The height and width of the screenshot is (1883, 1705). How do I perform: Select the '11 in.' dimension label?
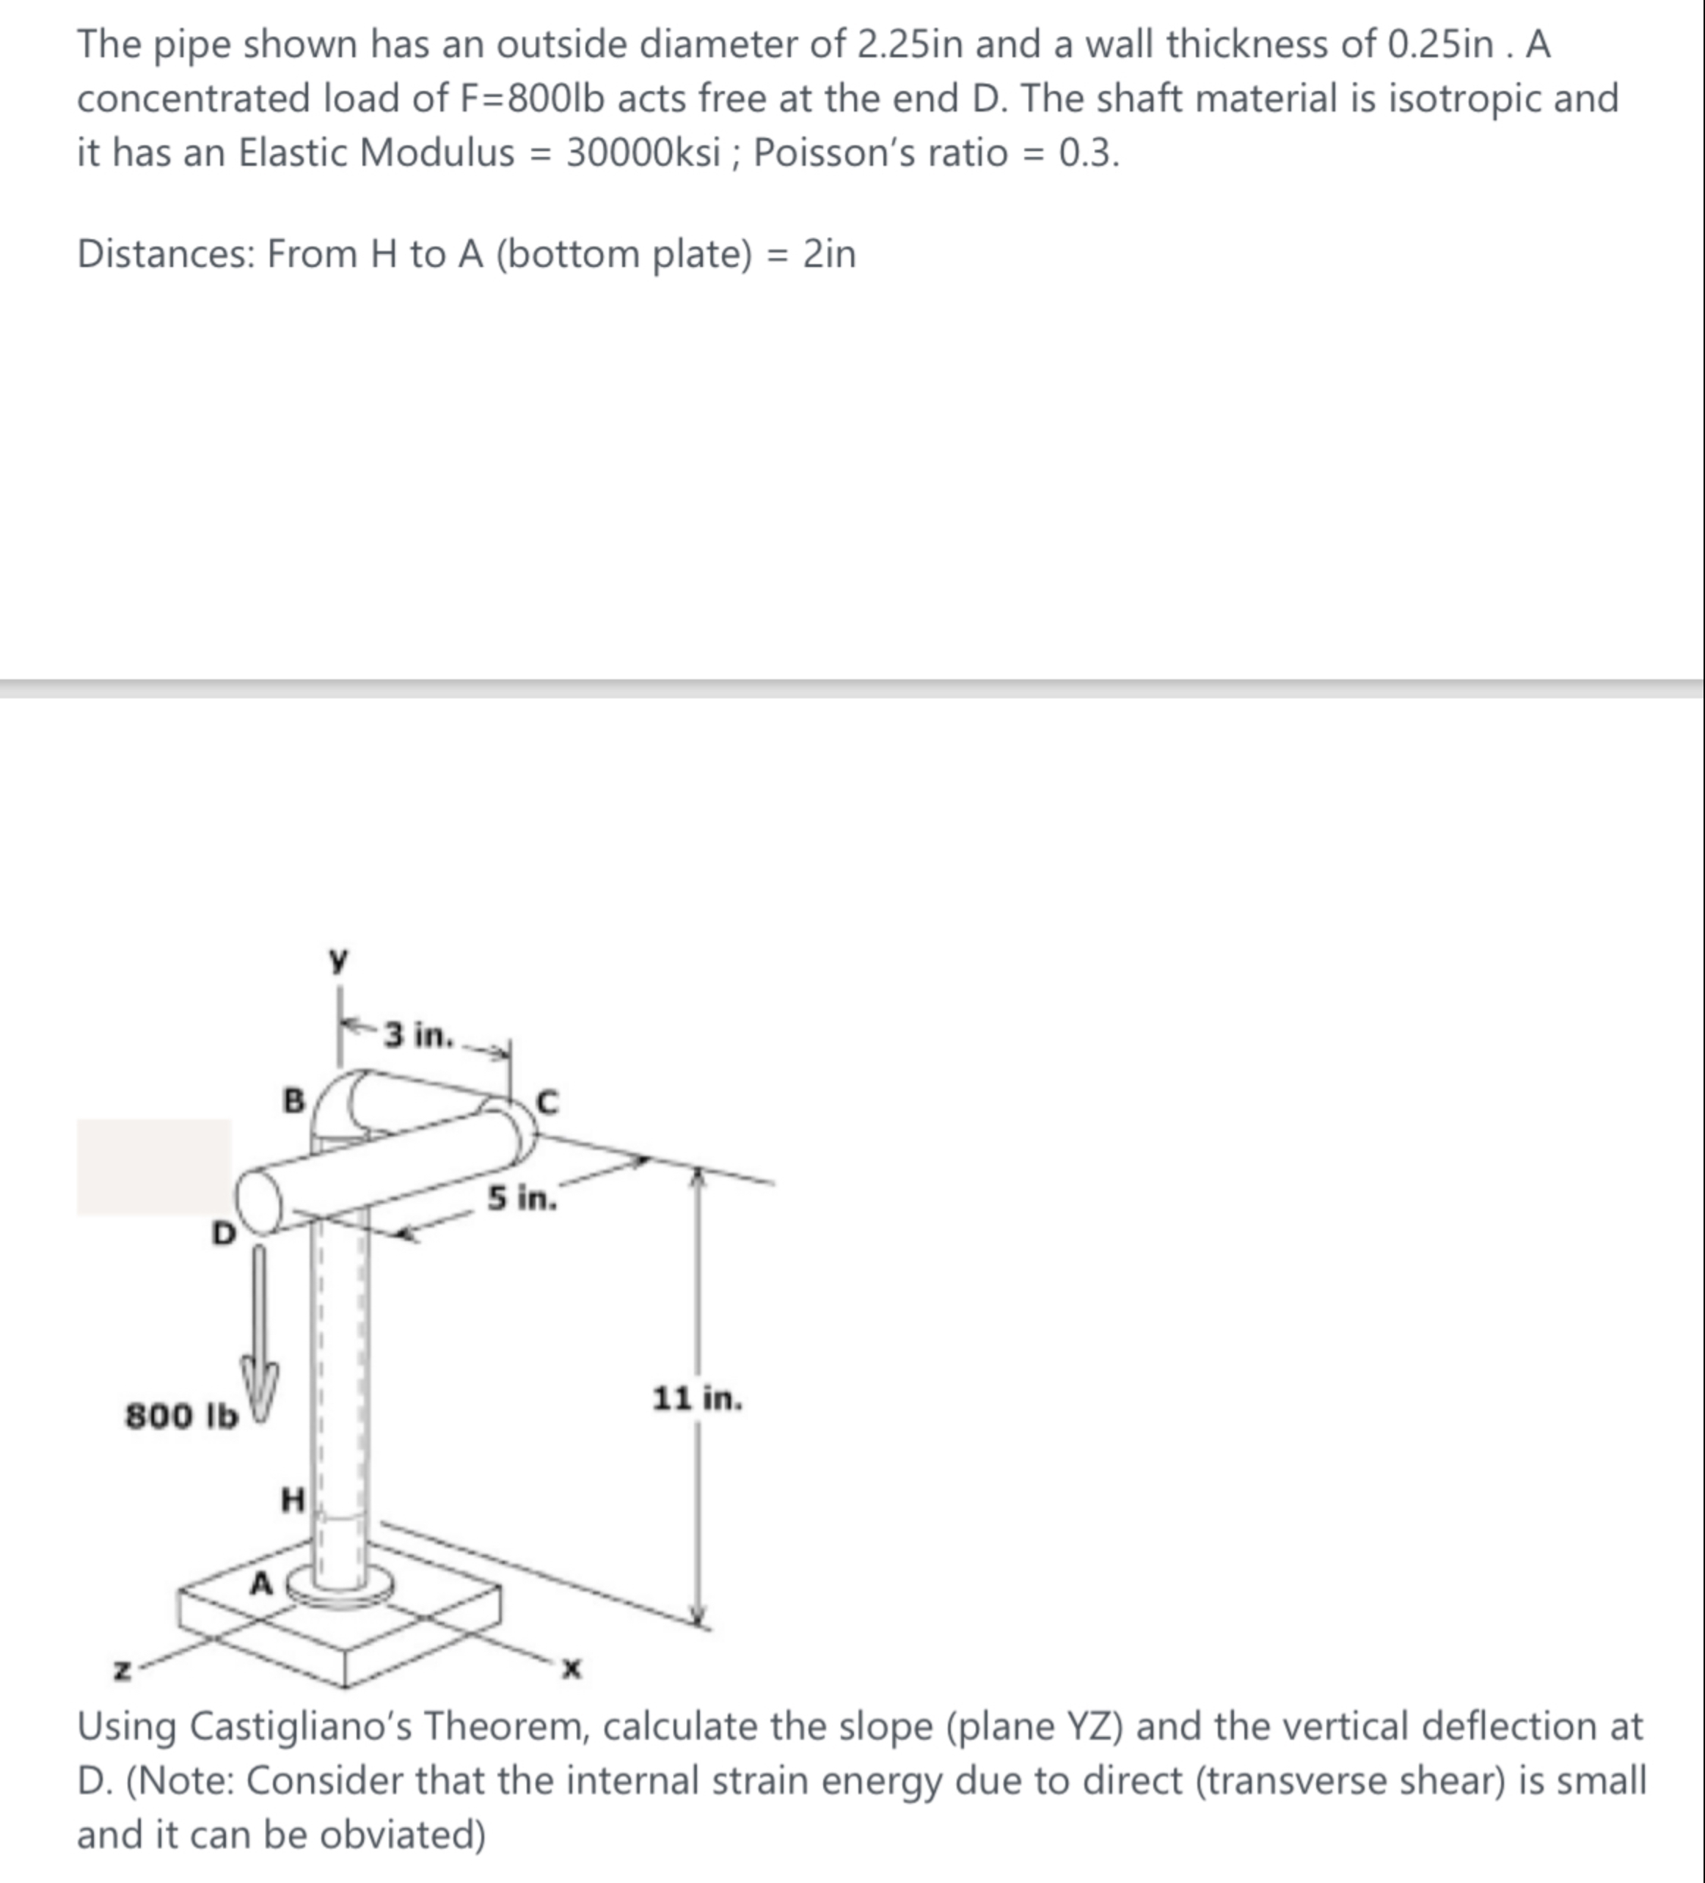(x=697, y=1399)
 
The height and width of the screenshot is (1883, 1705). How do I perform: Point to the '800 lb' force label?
(x=181, y=1416)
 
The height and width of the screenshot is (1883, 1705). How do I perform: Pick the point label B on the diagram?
(x=293, y=1101)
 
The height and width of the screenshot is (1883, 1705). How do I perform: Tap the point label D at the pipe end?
(x=223, y=1234)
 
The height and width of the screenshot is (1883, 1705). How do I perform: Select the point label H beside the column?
(x=293, y=1501)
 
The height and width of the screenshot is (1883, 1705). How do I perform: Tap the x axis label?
(x=572, y=1668)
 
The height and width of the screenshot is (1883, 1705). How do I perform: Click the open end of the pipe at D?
(x=259, y=1200)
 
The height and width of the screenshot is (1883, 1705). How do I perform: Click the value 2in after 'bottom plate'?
(x=830, y=253)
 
